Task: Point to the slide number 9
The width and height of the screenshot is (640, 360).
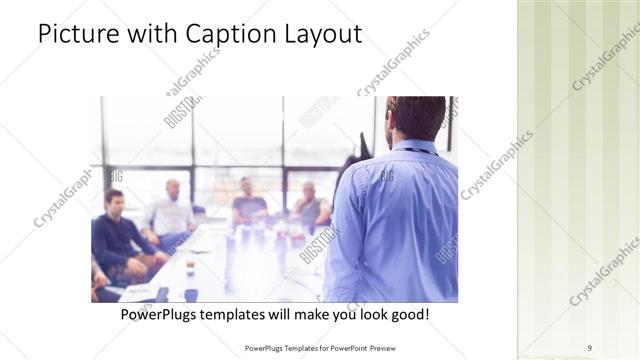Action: click(x=589, y=347)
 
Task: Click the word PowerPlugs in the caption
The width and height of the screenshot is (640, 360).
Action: click(x=163, y=314)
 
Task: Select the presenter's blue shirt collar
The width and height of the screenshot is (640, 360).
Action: click(x=413, y=148)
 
